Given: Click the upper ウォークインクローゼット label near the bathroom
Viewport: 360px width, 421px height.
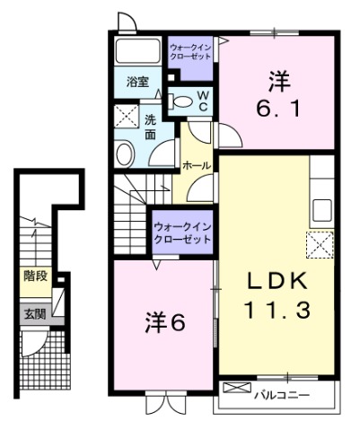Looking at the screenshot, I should coord(189,48).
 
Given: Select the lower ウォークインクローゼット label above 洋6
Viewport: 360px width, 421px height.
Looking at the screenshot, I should coord(182,234).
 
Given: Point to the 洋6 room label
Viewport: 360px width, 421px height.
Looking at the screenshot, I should coord(165,322).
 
